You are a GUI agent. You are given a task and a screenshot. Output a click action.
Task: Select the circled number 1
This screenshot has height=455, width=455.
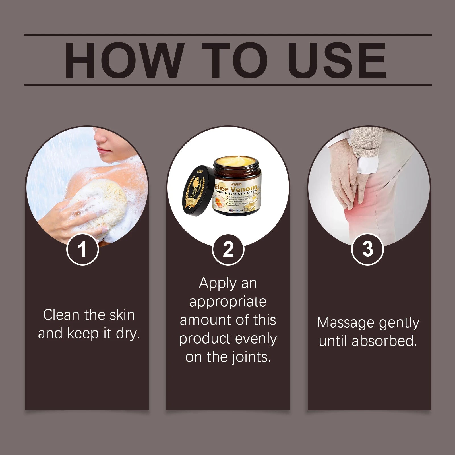(x=82, y=249)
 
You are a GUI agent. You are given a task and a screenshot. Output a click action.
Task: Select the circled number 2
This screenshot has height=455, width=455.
(x=228, y=249)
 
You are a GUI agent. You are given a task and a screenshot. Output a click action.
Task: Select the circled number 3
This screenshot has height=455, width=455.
(x=368, y=249)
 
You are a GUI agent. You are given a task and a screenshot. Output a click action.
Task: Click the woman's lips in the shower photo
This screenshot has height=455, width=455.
(x=101, y=149)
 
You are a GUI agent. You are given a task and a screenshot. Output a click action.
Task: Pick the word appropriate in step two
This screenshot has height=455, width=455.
(x=228, y=301)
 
